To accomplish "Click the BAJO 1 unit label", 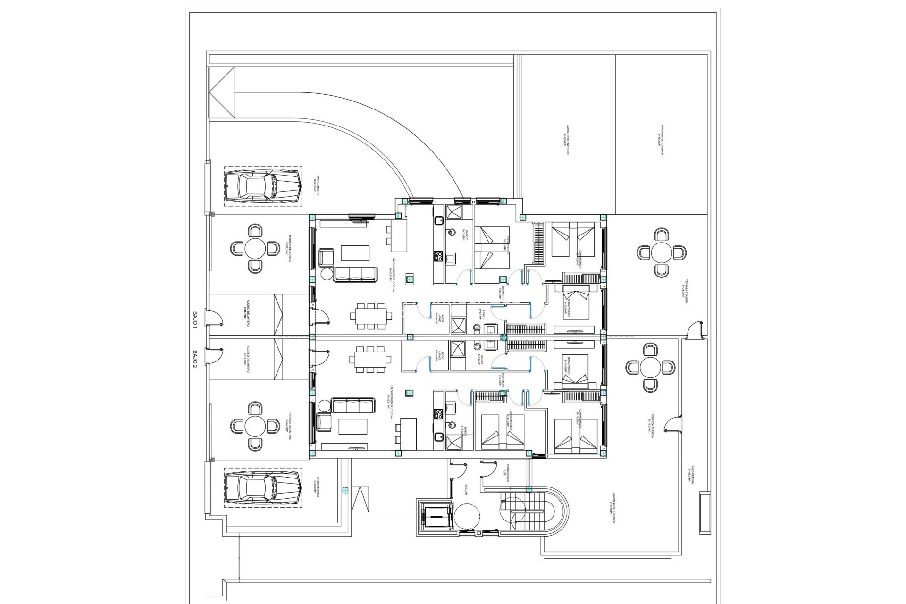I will click(195, 319).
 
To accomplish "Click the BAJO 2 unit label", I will click(195, 358).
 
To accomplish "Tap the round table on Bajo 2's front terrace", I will click(255, 426).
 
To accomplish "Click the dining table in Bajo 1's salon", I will click(371, 316).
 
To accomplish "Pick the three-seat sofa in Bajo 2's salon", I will click(353, 405).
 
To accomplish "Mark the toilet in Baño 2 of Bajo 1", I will click(451, 232).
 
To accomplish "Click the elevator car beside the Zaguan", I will click(436, 518).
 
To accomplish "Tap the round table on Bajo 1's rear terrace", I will click(662, 253).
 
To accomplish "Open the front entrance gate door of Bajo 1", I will click(215, 319).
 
